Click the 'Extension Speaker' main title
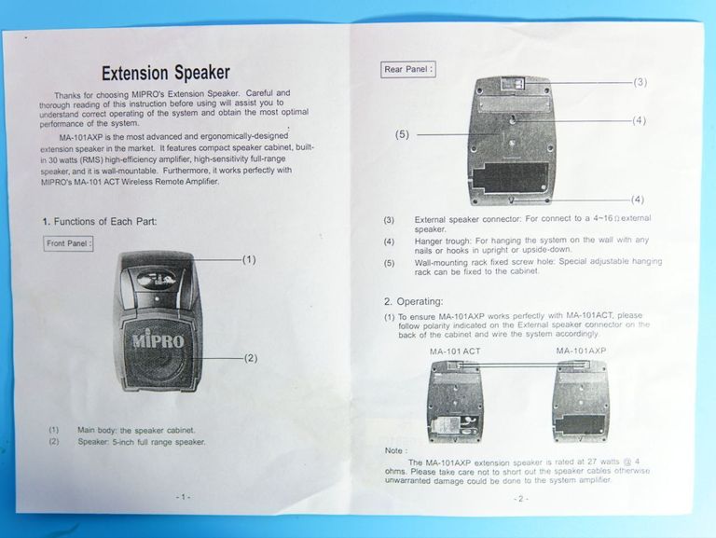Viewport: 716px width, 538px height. (x=166, y=73)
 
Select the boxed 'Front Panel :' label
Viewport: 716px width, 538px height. (x=68, y=243)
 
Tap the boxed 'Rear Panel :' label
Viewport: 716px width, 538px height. (x=407, y=69)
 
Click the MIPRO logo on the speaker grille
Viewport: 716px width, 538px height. (x=158, y=340)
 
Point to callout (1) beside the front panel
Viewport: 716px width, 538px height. (x=249, y=259)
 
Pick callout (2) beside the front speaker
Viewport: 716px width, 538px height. (x=250, y=358)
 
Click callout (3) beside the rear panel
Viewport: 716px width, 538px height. (x=640, y=82)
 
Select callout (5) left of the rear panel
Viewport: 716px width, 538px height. (x=402, y=134)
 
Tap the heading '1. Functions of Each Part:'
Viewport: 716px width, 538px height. (x=100, y=222)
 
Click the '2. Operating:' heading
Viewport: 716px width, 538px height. (x=414, y=301)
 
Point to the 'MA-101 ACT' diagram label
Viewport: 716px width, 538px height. (x=455, y=352)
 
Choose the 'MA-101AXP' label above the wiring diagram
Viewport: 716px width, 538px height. (x=582, y=351)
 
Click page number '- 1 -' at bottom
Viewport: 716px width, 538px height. (x=183, y=497)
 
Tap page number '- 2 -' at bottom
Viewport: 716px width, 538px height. (x=520, y=499)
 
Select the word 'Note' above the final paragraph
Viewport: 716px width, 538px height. (x=393, y=450)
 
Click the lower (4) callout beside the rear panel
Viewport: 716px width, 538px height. (x=638, y=200)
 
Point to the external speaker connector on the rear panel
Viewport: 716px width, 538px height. (x=512, y=84)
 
